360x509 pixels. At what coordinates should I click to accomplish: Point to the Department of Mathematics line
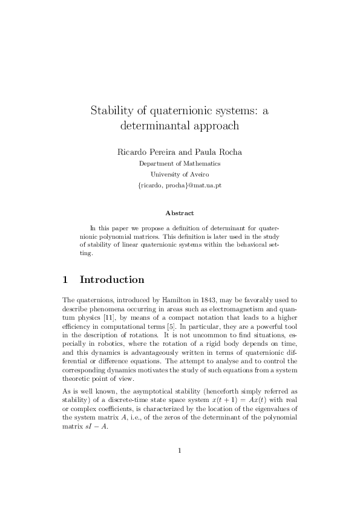180,163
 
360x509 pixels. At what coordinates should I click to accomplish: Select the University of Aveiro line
180,174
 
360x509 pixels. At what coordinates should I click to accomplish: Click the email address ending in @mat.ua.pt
180,186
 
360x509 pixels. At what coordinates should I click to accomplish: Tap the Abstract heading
180,213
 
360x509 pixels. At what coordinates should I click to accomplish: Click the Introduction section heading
112,280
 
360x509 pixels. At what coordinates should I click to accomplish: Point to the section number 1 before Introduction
65,280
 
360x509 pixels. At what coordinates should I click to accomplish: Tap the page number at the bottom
180,467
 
